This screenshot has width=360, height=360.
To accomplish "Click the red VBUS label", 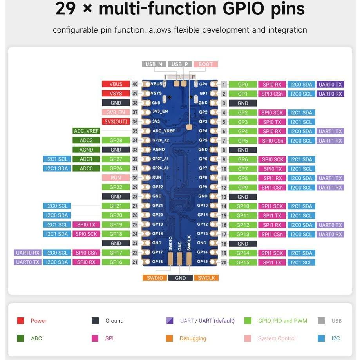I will click(116, 84).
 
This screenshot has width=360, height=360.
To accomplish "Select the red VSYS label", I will click(116, 94).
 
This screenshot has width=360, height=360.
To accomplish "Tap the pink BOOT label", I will click(206, 64).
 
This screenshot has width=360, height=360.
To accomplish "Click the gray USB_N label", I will click(154, 64).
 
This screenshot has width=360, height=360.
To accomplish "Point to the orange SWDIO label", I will click(155, 278).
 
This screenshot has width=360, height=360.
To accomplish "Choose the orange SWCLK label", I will click(206, 278).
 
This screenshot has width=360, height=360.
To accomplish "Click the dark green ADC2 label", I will click(86, 140).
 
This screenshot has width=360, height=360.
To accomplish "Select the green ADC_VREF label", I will click(86, 131).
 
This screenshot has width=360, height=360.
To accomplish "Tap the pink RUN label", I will click(116, 178).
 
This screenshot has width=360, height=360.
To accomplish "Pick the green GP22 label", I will click(116, 187).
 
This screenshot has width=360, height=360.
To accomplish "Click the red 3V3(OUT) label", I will click(116, 122).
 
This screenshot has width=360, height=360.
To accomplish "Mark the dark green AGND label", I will click(86, 150).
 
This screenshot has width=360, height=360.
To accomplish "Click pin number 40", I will click(135, 84).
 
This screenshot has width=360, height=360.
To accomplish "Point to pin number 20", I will click(224, 263).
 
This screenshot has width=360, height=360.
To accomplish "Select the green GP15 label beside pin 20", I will click(243, 263).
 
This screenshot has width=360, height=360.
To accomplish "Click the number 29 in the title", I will click(65, 9).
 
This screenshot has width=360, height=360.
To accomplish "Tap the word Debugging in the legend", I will click(193, 338).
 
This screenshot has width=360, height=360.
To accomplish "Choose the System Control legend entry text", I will click(277, 338).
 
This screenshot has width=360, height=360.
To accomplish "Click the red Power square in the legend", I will click(21, 321).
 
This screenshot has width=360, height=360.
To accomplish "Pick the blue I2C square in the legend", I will click(322, 338).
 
